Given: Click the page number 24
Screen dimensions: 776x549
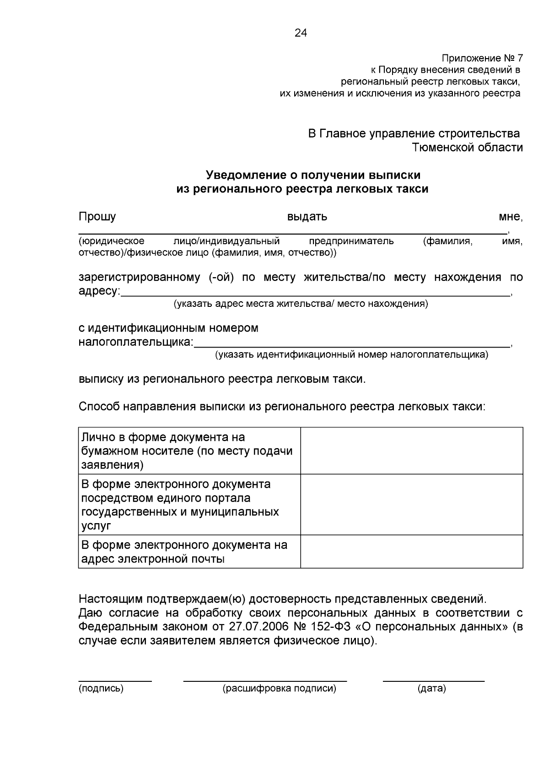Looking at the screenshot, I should (x=301, y=33).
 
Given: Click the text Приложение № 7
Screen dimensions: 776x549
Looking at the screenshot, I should (x=482, y=59).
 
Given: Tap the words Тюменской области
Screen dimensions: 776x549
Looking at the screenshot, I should (x=468, y=147).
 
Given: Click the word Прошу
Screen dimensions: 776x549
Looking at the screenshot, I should (x=97, y=216).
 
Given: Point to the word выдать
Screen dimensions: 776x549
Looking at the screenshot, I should (x=307, y=216).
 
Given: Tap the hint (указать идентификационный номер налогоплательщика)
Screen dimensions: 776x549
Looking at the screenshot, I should (x=351, y=355).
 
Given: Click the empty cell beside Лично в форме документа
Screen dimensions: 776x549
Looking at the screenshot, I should (x=411, y=451).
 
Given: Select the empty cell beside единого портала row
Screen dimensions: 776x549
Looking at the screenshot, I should (x=411, y=504).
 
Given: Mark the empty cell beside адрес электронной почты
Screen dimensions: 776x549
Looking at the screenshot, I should (x=411, y=551).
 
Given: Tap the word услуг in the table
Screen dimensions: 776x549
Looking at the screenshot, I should (x=96, y=526).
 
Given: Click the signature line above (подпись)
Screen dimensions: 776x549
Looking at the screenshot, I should (x=115, y=681).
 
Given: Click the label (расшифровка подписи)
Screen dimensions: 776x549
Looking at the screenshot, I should (x=279, y=689).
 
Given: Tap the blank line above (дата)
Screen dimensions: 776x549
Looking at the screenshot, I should (x=433, y=681).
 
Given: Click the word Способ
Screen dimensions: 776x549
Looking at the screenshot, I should (x=99, y=407).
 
